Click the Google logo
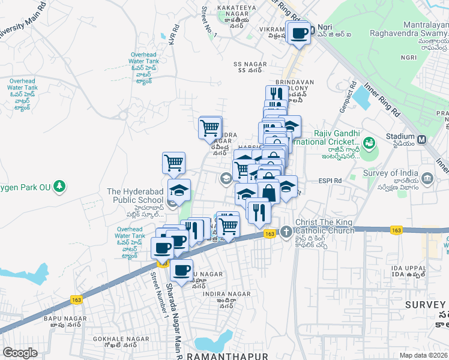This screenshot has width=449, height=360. click(20, 353)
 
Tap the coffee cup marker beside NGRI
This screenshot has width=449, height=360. click(298, 33)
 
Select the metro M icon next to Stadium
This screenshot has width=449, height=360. click(422, 140)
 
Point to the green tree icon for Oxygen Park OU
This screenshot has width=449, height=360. click(59, 186)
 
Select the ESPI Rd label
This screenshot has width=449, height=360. click(330, 179)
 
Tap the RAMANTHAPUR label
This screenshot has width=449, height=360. click(228, 356)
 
